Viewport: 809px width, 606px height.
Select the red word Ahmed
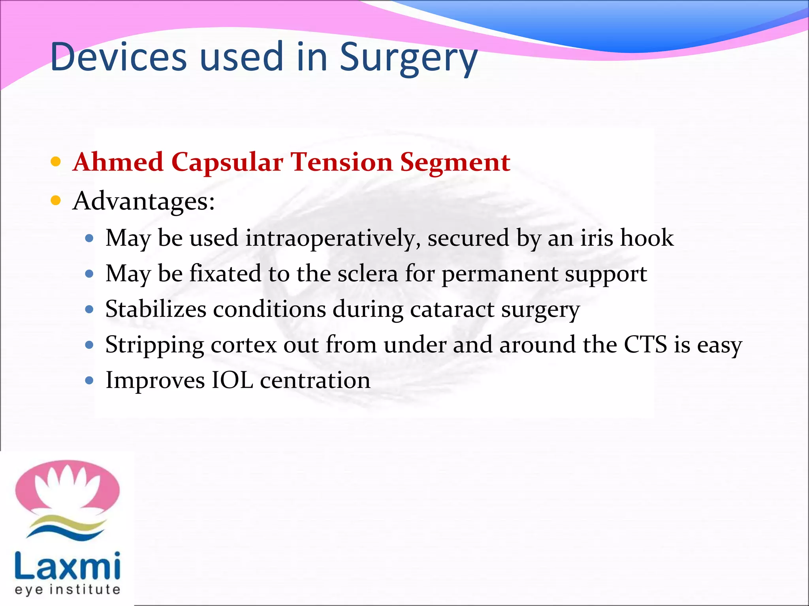tap(118, 162)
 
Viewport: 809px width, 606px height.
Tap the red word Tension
tap(342, 162)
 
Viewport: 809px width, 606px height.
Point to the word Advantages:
tap(144, 201)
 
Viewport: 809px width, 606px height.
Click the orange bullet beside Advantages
tap(56, 200)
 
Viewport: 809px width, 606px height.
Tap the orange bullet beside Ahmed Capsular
tap(56, 161)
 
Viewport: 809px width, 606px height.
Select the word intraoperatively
tap(333, 238)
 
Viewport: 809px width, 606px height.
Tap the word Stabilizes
tap(156, 309)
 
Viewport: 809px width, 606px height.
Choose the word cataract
tap(452, 309)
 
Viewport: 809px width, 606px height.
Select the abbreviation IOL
tap(232, 380)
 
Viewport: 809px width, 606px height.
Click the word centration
tap(315, 380)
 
